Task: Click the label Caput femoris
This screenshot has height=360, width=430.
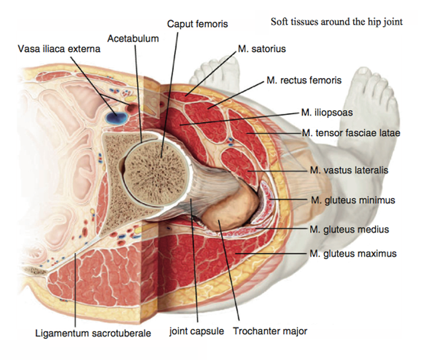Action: click(x=198, y=24)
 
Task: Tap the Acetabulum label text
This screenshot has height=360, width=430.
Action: click(x=133, y=39)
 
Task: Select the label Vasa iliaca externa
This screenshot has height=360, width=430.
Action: click(x=59, y=49)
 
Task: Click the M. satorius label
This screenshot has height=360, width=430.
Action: click(x=261, y=49)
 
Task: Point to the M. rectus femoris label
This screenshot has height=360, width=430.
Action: click(x=304, y=80)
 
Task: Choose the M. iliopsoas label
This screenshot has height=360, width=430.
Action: click(x=327, y=112)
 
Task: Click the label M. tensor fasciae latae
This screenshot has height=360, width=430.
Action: click(x=351, y=133)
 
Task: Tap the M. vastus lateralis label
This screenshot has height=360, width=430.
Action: click(x=349, y=170)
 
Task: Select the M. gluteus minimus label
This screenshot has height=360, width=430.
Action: click(x=353, y=200)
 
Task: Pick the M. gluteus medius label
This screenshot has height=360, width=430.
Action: click(x=349, y=229)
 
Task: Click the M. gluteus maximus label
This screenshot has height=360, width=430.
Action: click(x=353, y=253)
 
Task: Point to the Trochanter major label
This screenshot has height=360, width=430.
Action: click(x=270, y=331)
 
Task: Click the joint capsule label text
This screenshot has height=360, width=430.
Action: click(x=197, y=331)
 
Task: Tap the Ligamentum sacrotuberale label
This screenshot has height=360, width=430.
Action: click(x=93, y=333)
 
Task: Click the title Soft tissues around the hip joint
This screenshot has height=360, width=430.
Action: click(x=337, y=22)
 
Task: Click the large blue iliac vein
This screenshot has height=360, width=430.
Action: click(x=116, y=117)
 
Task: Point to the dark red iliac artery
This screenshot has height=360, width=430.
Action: click(x=131, y=108)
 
